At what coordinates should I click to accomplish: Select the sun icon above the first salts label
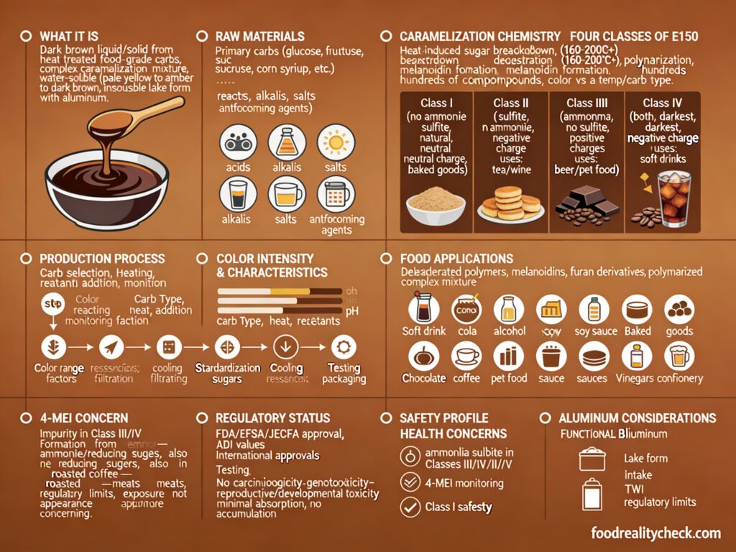point(336,142)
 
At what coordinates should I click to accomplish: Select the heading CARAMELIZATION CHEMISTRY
point(480,36)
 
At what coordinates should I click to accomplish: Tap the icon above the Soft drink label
point(423,309)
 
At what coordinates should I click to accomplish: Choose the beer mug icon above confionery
point(678,356)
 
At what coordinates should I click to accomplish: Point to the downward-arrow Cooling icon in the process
point(286,347)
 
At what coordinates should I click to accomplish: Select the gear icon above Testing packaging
point(344,347)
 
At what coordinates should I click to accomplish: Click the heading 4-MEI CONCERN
point(83,418)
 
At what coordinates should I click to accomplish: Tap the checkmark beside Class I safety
point(410,507)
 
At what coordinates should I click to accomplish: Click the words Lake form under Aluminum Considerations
point(645,458)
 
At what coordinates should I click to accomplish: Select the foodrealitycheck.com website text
point(655,533)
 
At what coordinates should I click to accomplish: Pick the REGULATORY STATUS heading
point(272,418)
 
